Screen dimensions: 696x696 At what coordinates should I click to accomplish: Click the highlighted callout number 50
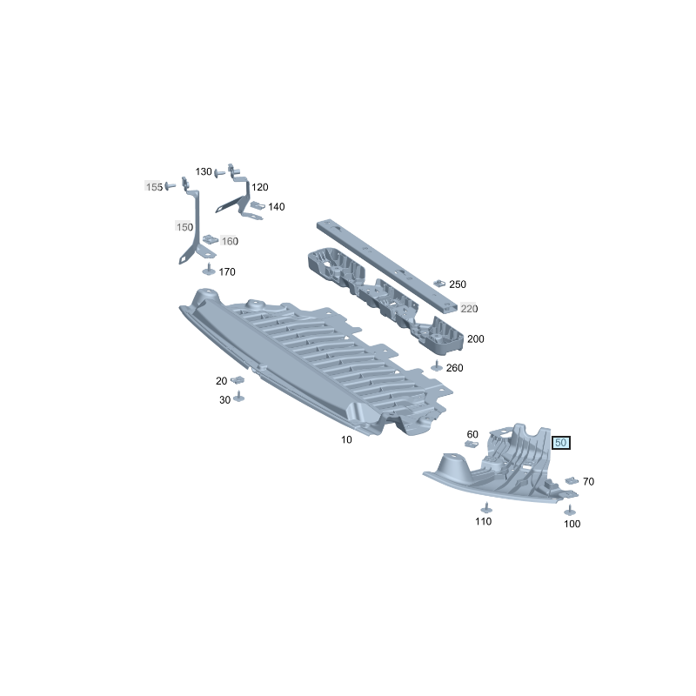pos(560,443)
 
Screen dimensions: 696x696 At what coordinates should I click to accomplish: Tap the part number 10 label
pos(346,439)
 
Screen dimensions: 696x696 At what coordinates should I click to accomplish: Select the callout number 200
pos(475,339)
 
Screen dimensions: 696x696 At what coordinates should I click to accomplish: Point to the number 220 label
pos(469,309)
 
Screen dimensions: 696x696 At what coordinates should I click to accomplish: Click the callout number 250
pos(458,284)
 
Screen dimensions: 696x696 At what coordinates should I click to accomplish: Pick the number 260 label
pos(454,367)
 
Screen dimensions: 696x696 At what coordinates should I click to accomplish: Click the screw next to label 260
pos(437,365)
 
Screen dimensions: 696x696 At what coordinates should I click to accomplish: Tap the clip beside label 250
pos(439,283)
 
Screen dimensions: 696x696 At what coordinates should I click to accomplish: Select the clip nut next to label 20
pos(238,380)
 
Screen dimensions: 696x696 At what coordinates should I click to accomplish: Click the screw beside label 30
pos(238,397)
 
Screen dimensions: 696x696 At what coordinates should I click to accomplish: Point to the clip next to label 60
pos(472,444)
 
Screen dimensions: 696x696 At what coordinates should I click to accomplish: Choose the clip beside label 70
pos(572,480)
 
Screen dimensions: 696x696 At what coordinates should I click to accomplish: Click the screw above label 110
pos(487,508)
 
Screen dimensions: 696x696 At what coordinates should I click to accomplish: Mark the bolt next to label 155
pos(170,186)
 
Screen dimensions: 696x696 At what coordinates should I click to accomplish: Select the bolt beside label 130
pos(220,172)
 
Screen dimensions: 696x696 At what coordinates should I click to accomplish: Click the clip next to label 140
pos(258,205)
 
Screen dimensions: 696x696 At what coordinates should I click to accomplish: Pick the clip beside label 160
pos(211,239)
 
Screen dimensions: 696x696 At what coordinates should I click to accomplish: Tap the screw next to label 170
pos(209,269)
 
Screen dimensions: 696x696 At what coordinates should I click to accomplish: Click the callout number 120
pos(259,187)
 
